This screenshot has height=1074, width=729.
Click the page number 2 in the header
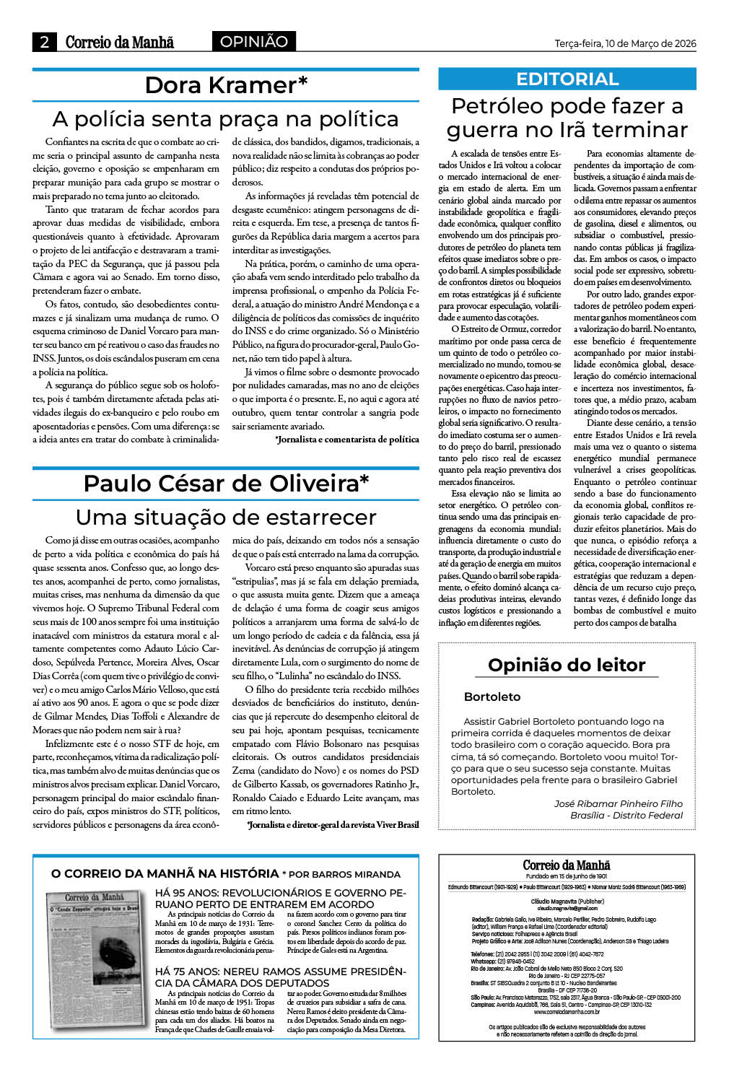click(x=44, y=42)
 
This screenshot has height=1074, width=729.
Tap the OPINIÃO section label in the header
click(x=253, y=42)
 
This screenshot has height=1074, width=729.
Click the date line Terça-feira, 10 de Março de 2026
click(x=625, y=43)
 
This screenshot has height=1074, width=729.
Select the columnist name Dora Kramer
click(x=226, y=85)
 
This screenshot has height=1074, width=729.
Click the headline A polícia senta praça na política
click(x=226, y=119)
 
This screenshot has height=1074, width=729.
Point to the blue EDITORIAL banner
click(x=567, y=79)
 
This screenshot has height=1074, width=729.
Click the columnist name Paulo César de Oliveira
click(x=226, y=483)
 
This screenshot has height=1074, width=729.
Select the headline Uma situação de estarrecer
click(x=226, y=517)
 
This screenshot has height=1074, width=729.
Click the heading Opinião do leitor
click(x=567, y=665)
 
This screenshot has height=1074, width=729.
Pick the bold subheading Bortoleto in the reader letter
click(x=492, y=697)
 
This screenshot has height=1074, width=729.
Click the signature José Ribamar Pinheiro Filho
click(x=618, y=803)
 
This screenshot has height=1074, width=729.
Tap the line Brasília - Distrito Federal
click(x=626, y=815)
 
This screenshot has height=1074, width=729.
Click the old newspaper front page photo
click(x=95, y=958)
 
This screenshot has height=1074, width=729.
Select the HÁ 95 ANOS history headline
click(x=280, y=898)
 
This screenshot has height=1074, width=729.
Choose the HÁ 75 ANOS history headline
click(x=280, y=977)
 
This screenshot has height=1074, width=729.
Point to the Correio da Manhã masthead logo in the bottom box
click(x=567, y=865)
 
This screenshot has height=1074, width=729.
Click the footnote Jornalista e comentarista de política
click(x=347, y=439)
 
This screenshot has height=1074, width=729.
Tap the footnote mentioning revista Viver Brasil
click(x=333, y=824)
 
